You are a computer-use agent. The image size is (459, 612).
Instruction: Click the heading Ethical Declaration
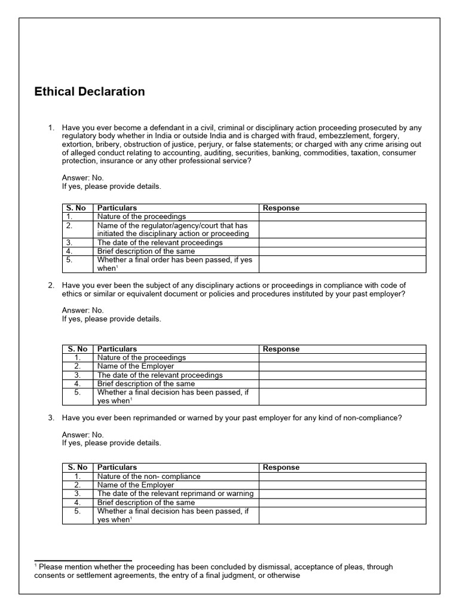(90, 91)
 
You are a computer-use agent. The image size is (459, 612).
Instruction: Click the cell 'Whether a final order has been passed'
(175, 264)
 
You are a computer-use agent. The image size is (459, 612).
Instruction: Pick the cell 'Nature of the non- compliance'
(149, 476)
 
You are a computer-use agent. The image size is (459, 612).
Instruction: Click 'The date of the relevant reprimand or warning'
(175, 494)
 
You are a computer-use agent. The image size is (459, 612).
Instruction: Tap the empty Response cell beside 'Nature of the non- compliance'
(342, 476)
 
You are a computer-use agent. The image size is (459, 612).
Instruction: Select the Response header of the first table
(281, 208)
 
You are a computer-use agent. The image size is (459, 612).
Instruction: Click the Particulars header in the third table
(117, 467)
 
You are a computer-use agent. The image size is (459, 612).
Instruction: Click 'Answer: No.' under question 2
(83, 310)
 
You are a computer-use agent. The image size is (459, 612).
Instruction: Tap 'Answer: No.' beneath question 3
(83, 434)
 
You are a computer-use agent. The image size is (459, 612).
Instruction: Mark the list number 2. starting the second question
(51, 285)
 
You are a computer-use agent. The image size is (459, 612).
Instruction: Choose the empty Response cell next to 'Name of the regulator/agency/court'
(342, 229)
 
